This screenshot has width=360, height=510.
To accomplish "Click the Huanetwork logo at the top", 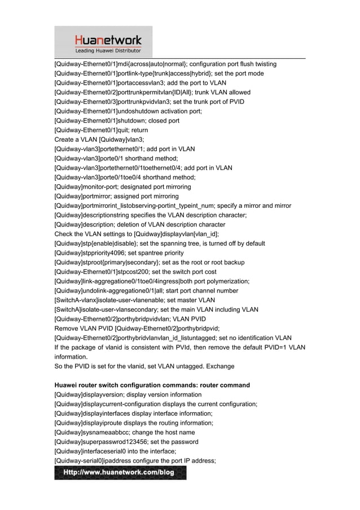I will tap(108, 40).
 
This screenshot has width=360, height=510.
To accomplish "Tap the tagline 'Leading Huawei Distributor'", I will tap(108, 51).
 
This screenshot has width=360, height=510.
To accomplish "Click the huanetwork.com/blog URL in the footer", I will tap(120, 472).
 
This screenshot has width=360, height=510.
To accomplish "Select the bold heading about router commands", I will tap(152, 385).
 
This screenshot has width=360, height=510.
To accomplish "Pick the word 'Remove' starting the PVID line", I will tap(66, 328).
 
